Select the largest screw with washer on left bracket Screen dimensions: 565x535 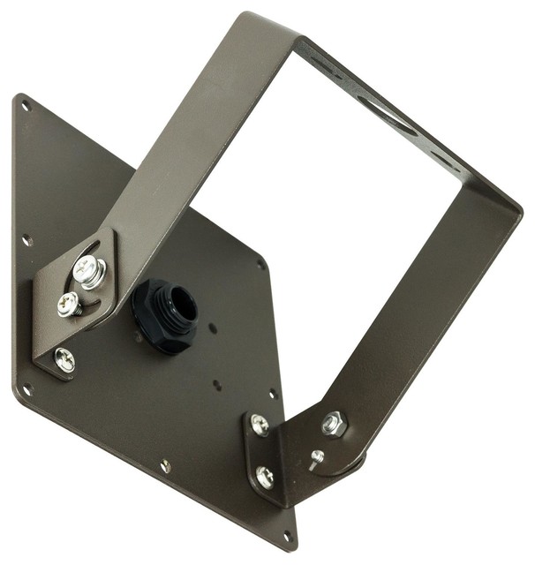coord(88,271)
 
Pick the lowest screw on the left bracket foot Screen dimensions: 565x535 coord(64,358)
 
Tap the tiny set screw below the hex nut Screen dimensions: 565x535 coord(316,457)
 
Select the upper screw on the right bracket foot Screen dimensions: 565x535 coord(260,425)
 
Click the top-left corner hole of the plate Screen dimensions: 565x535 coord(26,107)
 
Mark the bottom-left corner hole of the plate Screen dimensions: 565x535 coord(28,388)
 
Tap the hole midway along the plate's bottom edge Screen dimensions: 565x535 coord(165,464)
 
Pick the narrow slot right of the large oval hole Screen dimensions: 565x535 coord(449,164)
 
